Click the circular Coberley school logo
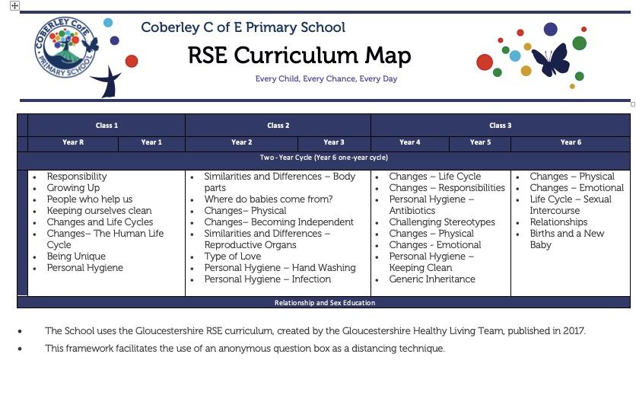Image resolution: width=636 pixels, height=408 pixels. click(65, 47)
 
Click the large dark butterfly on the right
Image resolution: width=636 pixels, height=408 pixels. click(550, 60)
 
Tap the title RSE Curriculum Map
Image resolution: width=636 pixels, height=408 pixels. click(299, 56)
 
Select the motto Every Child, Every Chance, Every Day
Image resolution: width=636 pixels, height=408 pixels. click(326, 78)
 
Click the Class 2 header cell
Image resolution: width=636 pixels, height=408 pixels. click(278, 126)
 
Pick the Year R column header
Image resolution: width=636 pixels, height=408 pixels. click(73, 142)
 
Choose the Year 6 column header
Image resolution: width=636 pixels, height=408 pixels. click(571, 142)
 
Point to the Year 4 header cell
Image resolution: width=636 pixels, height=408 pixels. click(409, 142)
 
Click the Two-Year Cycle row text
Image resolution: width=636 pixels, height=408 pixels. click(323, 158)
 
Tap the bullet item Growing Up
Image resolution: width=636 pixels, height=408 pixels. click(73, 188)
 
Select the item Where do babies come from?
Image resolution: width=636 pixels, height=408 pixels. click(268, 199)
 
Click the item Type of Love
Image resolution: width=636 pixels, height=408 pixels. click(233, 257)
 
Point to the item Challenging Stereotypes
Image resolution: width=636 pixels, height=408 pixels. click(442, 222)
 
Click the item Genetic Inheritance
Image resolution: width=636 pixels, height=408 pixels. click(432, 279)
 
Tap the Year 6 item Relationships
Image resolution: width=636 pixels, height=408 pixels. click(558, 222)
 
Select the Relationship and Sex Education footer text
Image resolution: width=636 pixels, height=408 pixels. click(325, 303)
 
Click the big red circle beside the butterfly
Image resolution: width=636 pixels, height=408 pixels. click(485, 62)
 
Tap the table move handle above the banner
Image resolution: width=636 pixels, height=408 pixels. click(14, 5)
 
